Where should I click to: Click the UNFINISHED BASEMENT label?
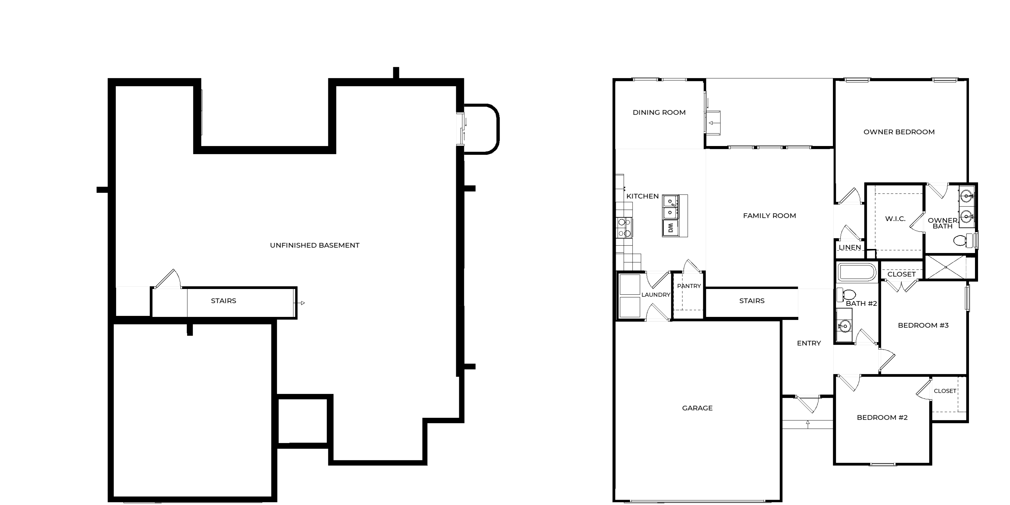pos(314,245)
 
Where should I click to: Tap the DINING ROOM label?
pos(659,112)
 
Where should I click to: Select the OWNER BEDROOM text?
pos(899,132)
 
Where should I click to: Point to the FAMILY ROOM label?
pos(769,215)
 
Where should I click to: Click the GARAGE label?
pos(697,408)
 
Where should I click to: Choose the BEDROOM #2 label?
pos(882,417)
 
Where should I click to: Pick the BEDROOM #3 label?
pos(923,325)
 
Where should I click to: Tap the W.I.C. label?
pos(895,219)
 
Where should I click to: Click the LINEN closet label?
pos(850,247)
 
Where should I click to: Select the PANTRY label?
pos(689,286)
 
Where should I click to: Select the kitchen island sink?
pos(670,207)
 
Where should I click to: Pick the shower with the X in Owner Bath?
pos(946,267)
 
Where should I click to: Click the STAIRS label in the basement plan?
pos(224,301)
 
